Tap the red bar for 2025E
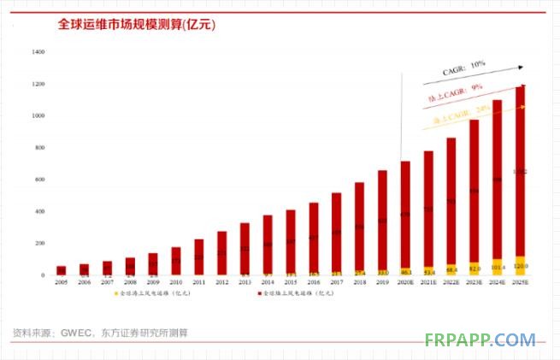pyautogui.click(x=520, y=171)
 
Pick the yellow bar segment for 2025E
pyautogui.click(x=520, y=266)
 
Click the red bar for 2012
pyautogui.click(x=221, y=252)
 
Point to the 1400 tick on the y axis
pyautogui.click(x=38, y=52)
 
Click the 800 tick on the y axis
pyautogui.click(x=39, y=148)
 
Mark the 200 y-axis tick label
pyautogui.click(x=39, y=244)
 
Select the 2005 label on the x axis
pyautogui.click(x=61, y=281)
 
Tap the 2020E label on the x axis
pyautogui.click(x=405, y=281)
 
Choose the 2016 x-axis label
pyautogui.click(x=313, y=281)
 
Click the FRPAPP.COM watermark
pyautogui.click(x=480, y=339)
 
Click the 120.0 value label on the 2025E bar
pyautogui.click(x=520, y=266)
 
